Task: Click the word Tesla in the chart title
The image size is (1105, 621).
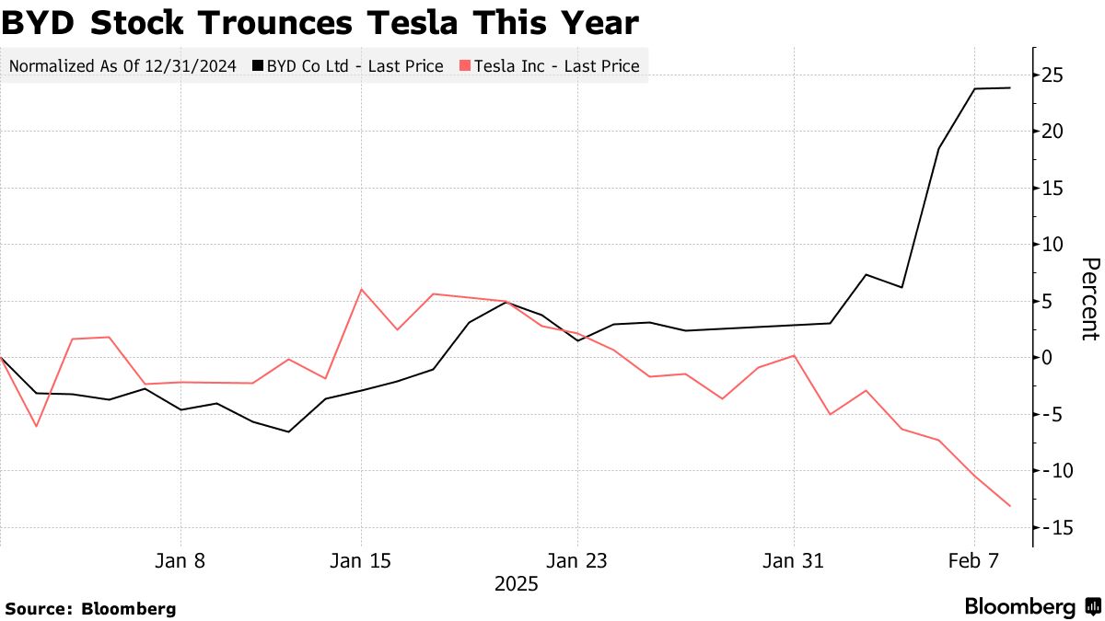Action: pos(434,23)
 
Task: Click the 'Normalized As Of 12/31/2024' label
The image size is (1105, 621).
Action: pos(122,66)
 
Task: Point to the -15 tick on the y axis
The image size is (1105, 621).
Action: pos(1051,527)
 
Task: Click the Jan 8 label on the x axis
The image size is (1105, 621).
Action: pos(180,560)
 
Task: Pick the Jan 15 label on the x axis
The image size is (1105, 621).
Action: pos(361,560)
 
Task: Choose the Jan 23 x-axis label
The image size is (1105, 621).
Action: pos(577,560)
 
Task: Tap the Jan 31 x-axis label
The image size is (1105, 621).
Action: pos(794,560)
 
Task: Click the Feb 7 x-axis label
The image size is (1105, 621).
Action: pos(974,560)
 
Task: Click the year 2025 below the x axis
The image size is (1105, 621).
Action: pos(517,584)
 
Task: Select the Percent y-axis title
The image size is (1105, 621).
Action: pos(1089,299)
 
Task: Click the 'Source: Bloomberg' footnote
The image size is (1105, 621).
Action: pos(90,608)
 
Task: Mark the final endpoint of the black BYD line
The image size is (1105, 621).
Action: pos(1011,88)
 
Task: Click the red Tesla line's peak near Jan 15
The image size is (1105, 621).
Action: pos(361,289)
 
